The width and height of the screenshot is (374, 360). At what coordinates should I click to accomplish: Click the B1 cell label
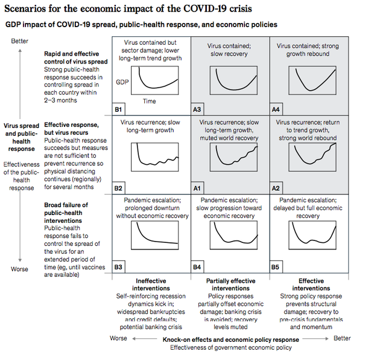pos(119,110)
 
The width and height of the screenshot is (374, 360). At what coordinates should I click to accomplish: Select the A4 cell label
pos(275,110)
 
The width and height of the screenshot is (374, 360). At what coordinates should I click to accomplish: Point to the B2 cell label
pos(119,188)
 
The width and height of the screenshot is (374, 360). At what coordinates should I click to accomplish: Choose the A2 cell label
pos(275,188)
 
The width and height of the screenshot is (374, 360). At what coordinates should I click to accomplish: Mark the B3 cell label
pos(119,266)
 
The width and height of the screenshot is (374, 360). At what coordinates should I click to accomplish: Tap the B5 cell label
pos(275,266)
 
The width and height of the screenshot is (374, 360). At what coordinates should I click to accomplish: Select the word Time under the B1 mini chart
pos(149,101)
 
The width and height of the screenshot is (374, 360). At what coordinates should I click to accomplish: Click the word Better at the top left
pos(20,40)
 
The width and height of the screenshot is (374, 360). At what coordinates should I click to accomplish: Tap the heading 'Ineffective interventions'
pos(151,284)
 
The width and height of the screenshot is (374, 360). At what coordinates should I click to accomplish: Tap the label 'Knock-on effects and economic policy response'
pos(231,339)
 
